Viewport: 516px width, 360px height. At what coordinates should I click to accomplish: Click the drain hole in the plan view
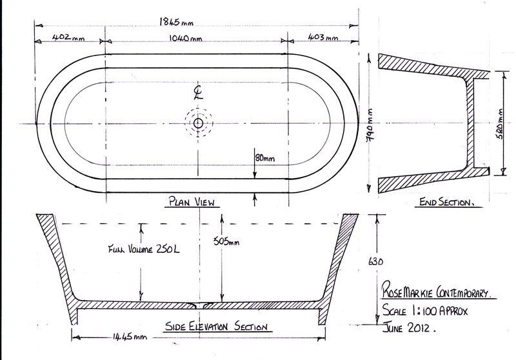198,122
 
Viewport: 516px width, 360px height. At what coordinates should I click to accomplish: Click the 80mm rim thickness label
264,158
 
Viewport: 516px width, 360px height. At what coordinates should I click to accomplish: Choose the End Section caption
446,202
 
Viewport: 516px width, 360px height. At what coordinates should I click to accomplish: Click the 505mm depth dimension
226,242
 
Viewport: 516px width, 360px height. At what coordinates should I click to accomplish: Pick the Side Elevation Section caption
217,326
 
